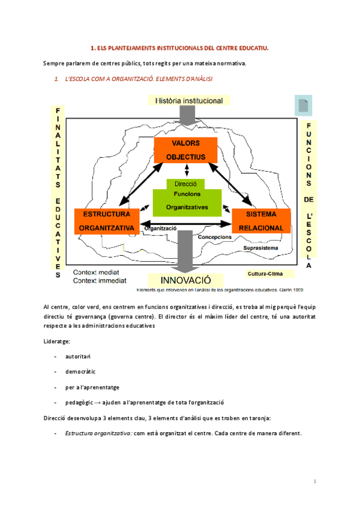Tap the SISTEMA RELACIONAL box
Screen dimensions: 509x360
click(x=260, y=221)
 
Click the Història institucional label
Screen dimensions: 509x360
click(x=188, y=101)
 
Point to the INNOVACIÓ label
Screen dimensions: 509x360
click(x=186, y=280)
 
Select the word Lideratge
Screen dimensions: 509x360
click(x=57, y=341)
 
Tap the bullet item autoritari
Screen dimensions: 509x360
click(x=79, y=357)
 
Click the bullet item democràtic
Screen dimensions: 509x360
click(x=81, y=372)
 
